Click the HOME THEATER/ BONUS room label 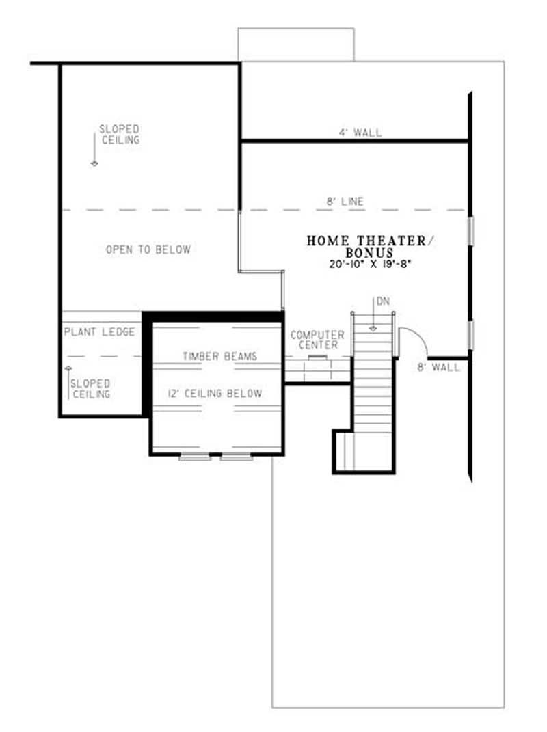coord(370,246)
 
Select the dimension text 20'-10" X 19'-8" coord(370,262)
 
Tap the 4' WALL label coord(360,133)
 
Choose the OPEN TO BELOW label coord(148,249)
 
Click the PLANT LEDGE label coord(99,332)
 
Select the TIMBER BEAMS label coord(219,356)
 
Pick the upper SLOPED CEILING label coord(120,134)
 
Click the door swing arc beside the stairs coord(416,340)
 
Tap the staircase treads coord(373,383)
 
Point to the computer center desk coord(317,369)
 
